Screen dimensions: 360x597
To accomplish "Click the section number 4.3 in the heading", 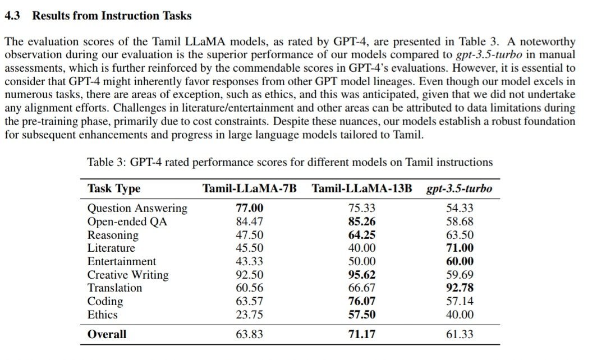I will [x=13, y=16].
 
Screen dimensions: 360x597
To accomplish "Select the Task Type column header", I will [x=114, y=188].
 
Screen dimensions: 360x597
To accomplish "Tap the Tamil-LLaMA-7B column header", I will [x=249, y=188].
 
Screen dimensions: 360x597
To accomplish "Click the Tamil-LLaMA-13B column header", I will [x=361, y=188].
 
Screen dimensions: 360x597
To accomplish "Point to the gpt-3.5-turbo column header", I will [x=460, y=188].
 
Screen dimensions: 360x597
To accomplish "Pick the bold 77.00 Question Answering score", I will [x=250, y=208].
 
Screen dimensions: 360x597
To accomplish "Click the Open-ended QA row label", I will [x=127, y=221].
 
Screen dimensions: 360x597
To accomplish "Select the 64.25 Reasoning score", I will [x=361, y=235].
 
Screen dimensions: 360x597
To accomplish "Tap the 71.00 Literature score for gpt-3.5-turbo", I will [x=460, y=248].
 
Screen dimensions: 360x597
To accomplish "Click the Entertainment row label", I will [x=122, y=261].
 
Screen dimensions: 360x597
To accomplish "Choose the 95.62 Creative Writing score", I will [x=361, y=275].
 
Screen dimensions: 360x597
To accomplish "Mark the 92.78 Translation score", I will [x=460, y=288].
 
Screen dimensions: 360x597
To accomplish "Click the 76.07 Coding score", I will [x=361, y=301].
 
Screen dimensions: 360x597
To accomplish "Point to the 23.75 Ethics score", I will [x=250, y=315].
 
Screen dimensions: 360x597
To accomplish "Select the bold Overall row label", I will [x=107, y=334].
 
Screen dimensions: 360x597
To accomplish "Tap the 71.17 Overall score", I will [x=361, y=334].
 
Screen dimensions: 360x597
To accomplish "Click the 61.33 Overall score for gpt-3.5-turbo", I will [x=460, y=334].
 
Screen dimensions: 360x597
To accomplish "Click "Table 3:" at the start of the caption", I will [x=107, y=163].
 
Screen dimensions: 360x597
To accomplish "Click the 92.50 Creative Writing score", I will [x=250, y=275].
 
